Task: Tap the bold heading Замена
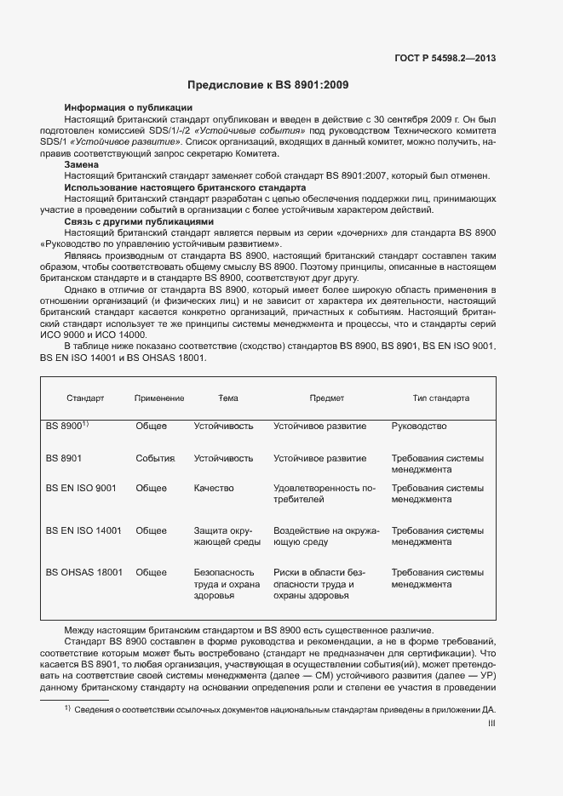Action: coord(82,163)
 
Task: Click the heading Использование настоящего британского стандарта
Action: coord(185,186)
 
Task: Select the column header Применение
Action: coord(159,398)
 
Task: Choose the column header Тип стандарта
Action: coord(440,398)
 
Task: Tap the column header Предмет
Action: coord(326,398)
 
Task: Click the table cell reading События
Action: coord(155,458)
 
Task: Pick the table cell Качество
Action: coord(213,489)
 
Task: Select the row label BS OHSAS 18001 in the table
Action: coord(84,573)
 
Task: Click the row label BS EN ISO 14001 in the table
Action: coord(83,530)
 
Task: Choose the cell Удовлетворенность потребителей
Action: coord(325,494)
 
